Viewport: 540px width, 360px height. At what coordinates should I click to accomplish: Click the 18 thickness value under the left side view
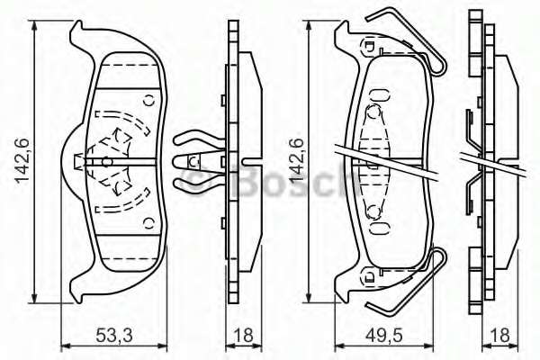pyautogui.click(x=240, y=336)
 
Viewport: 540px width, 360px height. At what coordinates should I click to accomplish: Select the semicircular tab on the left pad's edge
pyautogui.click(x=71, y=160)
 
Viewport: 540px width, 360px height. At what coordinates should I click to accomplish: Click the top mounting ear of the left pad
pyautogui.click(x=82, y=33)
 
